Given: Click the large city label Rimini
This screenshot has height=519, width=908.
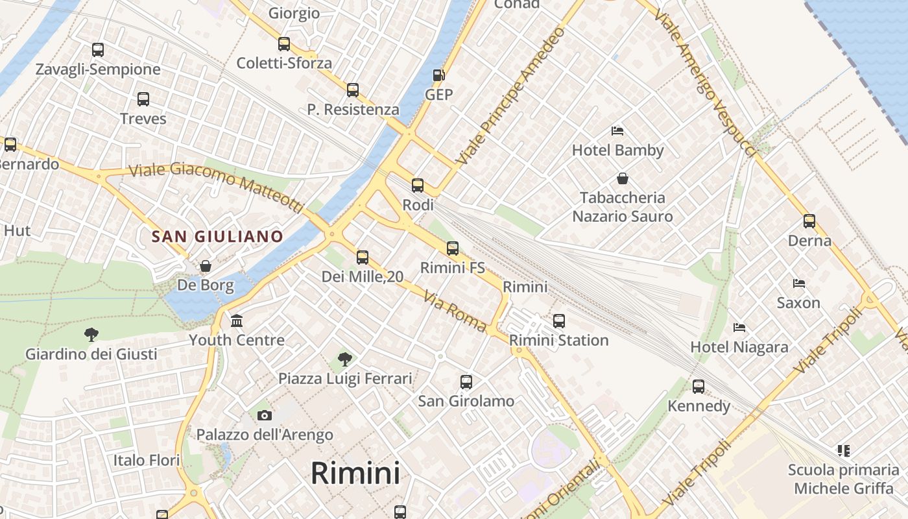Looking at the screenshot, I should [x=355, y=473].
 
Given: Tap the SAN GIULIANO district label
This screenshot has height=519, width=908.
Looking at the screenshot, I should [x=217, y=236].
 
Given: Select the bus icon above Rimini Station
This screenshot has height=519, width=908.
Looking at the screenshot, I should [x=558, y=320].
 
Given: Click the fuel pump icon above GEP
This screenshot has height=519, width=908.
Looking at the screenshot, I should [x=439, y=75].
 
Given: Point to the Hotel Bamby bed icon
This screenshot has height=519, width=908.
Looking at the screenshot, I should [x=617, y=131].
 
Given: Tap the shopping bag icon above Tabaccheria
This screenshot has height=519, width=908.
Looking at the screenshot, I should [x=623, y=178].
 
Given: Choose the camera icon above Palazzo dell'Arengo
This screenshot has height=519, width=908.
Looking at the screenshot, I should [x=265, y=415].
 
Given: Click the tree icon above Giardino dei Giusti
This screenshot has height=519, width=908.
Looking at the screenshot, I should [x=91, y=335].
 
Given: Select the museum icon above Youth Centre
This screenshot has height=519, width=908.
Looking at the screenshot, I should [x=237, y=320].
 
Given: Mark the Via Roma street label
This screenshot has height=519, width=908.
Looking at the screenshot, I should [x=455, y=312].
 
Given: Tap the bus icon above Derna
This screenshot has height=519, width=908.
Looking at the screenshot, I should [x=809, y=221].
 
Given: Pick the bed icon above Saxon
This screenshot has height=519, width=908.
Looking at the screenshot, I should [x=799, y=284].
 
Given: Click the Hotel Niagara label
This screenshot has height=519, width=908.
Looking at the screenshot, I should [x=739, y=347].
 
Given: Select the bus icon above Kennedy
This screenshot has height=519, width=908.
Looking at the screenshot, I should [x=699, y=387].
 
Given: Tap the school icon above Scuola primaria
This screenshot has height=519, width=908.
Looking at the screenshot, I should [x=843, y=450].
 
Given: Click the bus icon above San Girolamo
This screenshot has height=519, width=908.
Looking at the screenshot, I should [x=466, y=382].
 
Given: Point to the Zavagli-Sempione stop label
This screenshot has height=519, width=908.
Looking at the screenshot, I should [x=98, y=69].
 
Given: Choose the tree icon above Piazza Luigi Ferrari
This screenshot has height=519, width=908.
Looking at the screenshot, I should [x=345, y=359].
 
